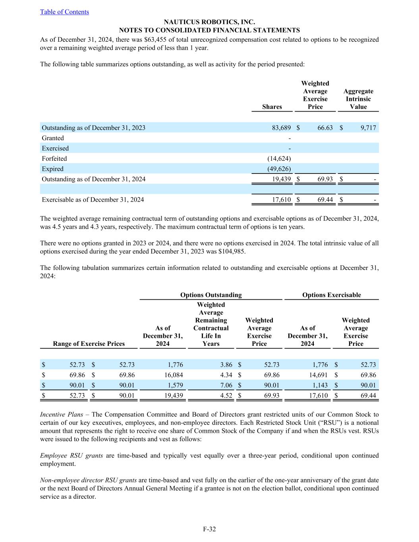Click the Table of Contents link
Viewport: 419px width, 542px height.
(x=64, y=12)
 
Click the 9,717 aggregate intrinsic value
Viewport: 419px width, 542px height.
(x=368, y=128)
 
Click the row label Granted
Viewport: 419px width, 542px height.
(x=53, y=138)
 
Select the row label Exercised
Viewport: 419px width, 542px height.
(x=55, y=149)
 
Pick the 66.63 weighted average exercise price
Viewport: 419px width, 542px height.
(x=325, y=128)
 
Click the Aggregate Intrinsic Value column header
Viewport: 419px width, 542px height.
(x=358, y=99)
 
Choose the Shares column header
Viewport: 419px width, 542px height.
(x=272, y=107)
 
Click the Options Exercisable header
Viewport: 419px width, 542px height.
(x=332, y=295)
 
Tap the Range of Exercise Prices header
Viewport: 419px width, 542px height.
(x=89, y=344)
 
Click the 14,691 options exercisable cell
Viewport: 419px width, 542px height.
(x=318, y=375)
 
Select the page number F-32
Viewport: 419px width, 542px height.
(x=209, y=529)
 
